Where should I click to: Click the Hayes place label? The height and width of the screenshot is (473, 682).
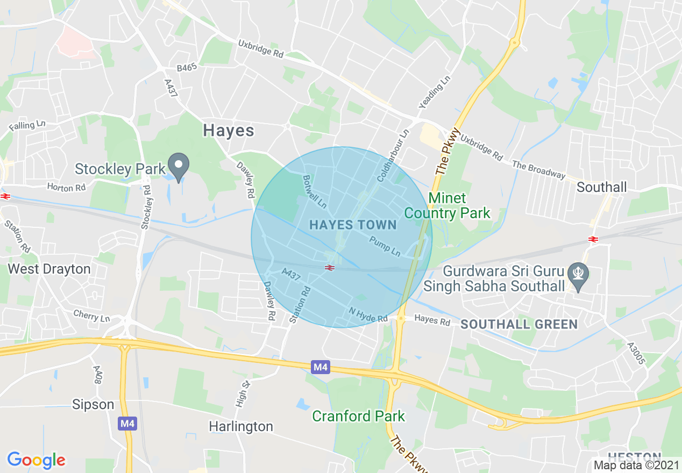pos(229,131)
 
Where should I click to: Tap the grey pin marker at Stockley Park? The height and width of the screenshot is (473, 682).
pos(179,166)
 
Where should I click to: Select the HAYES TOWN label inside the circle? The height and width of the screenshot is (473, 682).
pos(353,225)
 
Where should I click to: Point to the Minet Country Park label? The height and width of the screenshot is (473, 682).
pos(447,206)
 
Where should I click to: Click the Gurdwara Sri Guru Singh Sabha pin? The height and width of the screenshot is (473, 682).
pos(578,275)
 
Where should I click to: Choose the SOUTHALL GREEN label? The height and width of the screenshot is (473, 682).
pos(519,324)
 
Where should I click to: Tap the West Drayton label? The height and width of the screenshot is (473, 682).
pos(49,269)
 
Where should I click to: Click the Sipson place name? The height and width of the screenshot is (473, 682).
pos(94,404)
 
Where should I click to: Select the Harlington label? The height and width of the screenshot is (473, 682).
pos(241,426)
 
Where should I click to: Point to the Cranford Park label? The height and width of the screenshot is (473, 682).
pos(359,416)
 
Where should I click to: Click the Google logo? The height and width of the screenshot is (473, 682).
pos(36,460)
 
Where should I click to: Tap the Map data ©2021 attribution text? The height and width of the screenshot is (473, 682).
pos(636,465)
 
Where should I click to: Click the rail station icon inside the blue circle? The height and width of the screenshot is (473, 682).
pos(330,267)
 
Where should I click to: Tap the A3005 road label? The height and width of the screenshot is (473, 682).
pos(637,353)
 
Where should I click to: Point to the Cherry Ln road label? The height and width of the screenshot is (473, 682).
pos(92,316)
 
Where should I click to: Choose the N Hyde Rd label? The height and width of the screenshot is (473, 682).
pos(368,315)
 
